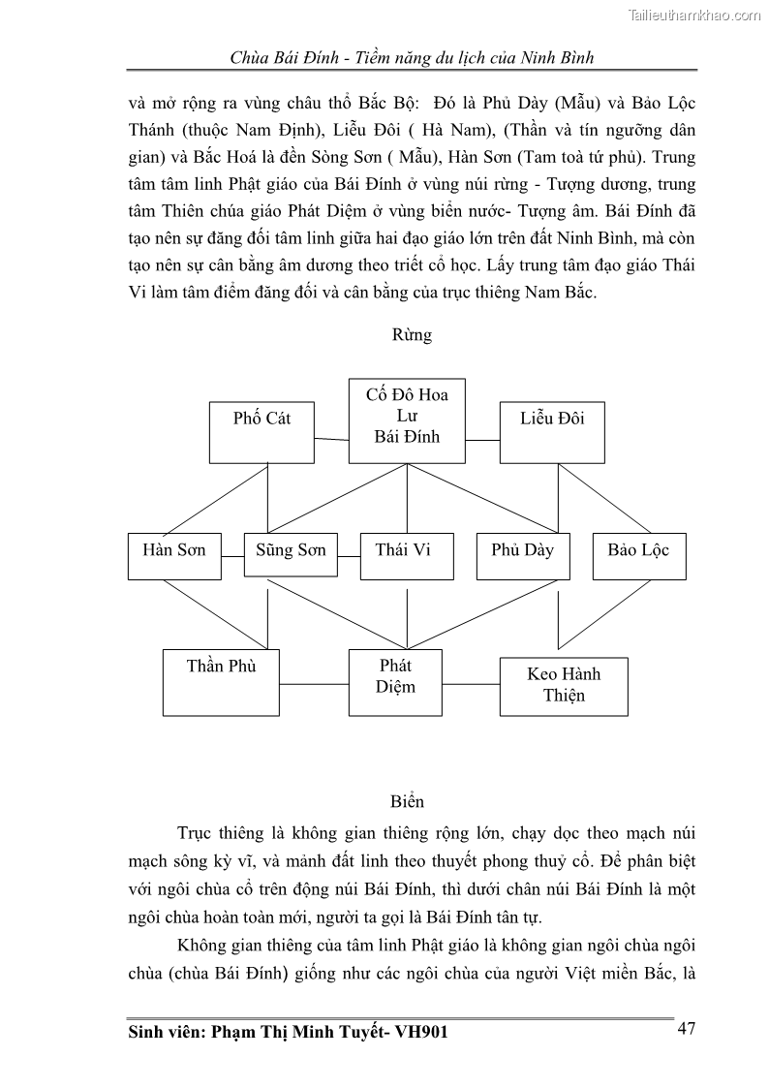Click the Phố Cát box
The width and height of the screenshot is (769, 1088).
tap(261, 431)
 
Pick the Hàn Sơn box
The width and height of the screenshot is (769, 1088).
tap(174, 555)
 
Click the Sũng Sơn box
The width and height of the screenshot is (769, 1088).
tap(291, 555)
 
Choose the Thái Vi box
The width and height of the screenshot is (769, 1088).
tap(403, 555)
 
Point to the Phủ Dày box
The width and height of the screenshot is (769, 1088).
tap(522, 555)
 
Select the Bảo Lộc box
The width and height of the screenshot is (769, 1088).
tap(638, 555)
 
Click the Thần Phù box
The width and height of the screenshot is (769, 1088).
tap(221, 680)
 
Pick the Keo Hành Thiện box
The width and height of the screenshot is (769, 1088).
tap(564, 686)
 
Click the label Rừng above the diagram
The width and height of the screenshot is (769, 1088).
tap(412, 336)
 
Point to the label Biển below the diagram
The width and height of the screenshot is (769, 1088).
tap(408, 802)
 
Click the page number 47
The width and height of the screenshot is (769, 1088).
tap(686, 1028)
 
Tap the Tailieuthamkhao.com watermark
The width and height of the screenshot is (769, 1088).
tap(694, 15)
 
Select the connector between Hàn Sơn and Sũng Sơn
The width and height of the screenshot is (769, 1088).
tap(232, 556)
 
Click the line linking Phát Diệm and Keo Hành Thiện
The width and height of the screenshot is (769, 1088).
tap(471, 683)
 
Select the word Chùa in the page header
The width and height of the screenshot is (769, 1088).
tap(248, 57)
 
